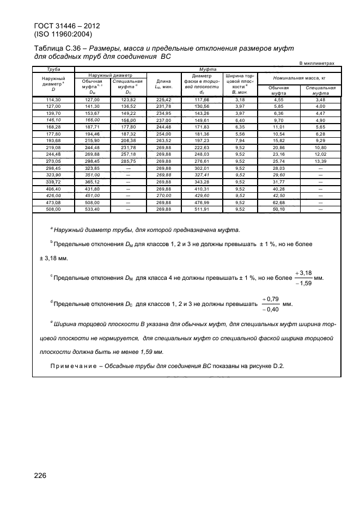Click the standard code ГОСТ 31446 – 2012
(62, 26)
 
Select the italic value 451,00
(92, 196)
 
